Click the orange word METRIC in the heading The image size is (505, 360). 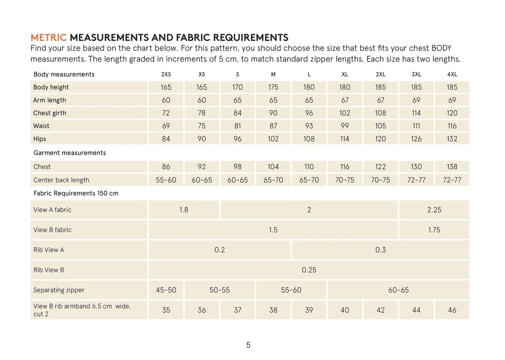pyautogui.click(x=49, y=38)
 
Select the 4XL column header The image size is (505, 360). pyautogui.click(x=452, y=74)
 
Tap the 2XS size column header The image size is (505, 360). pyautogui.click(x=166, y=74)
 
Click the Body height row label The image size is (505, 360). pyautogui.click(x=51, y=87)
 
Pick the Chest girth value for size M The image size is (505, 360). pyautogui.click(x=274, y=113)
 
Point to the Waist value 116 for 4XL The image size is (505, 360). pyautogui.click(x=452, y=126)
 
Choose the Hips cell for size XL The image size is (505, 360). pyautogui.click(x=345, y=139)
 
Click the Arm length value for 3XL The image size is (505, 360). pyautogui.click(x=416, y=100)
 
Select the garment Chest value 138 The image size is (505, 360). pyautogui.click(x=452, y=167)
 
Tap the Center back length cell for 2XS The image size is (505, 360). pyautogui.click(x=166, y=180)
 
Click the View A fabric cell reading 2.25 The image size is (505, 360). pyautogui.click(x=434, y=210)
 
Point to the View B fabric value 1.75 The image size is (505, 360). pyautogui.click(x=434, y=230)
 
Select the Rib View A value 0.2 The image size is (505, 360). pyautogui.click(x=220, y=250)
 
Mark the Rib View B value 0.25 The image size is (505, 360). pyautogui.click(x=309, y=270)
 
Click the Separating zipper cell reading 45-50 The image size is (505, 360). pyautogui.click(x=166, y=290)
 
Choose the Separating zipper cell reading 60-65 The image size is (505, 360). pyautogui.click(x=398, y=290)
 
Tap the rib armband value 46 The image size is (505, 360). pyautogui.click(x=452, y=310)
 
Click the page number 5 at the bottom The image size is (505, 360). pyautogui.click(x=248, y=346)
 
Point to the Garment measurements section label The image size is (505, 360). pyautogui.click(x=70, y=153)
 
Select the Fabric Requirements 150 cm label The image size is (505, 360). pyautogui.click(x=76, y=194)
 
